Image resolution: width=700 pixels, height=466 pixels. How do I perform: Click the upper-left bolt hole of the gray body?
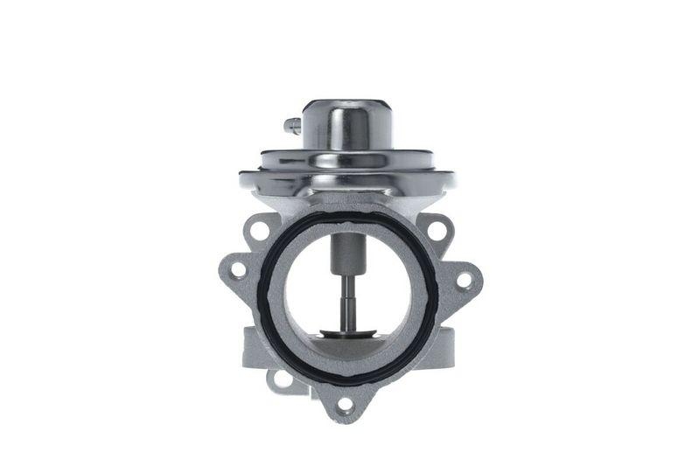258,231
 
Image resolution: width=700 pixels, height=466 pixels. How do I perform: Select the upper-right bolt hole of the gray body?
437,231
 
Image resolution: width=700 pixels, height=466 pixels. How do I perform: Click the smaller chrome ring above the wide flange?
347,160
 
